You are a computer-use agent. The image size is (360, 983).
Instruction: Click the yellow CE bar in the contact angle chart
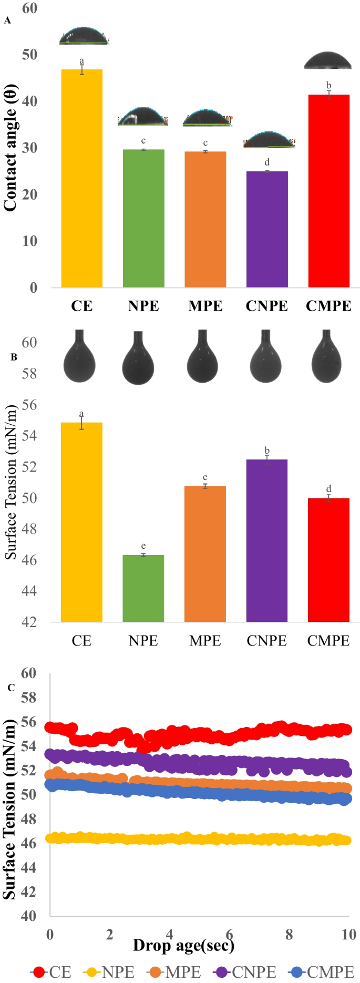click(81, 179)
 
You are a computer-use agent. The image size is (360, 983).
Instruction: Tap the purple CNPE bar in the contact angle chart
click(267, 229)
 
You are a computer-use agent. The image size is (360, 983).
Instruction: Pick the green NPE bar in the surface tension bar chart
click(143, 588)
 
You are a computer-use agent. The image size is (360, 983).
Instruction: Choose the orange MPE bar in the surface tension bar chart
click(205, 554)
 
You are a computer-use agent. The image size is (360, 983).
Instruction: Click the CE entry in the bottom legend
click(52, 972)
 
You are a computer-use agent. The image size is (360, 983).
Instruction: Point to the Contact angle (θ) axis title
click(11, 148)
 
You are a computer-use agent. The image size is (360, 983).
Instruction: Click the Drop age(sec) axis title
click(184, 945)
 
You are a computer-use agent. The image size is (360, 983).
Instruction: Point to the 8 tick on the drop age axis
click(289, 934)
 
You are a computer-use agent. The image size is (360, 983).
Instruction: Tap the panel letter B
click(14, 357)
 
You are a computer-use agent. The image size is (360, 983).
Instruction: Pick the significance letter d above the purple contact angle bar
click(267, 162)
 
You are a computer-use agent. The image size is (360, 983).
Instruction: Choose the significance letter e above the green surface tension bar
click(143, 546)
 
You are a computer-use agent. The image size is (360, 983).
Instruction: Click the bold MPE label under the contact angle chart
click(205, 306)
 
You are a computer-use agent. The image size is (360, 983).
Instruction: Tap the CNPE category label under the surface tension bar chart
click(267, 640)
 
